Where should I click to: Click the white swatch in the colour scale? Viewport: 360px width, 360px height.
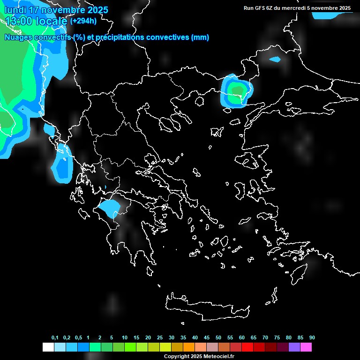[48, 347]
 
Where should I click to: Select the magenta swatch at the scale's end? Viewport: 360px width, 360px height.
[306, 347]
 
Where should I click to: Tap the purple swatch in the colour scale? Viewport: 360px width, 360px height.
[294, 347]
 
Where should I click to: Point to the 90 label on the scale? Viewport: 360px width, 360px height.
[312, 337]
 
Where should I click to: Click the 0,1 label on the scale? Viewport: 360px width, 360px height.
[55, 337]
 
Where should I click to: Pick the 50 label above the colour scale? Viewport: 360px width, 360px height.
[218, 337]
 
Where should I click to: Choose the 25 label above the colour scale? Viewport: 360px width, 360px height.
[160, 337]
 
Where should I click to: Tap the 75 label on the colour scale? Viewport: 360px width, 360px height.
[277, 337]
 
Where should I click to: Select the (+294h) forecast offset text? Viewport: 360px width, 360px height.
[83, 21]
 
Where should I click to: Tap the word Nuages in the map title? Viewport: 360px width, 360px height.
[17, 37]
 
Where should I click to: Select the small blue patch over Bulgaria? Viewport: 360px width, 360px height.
[275, 60]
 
